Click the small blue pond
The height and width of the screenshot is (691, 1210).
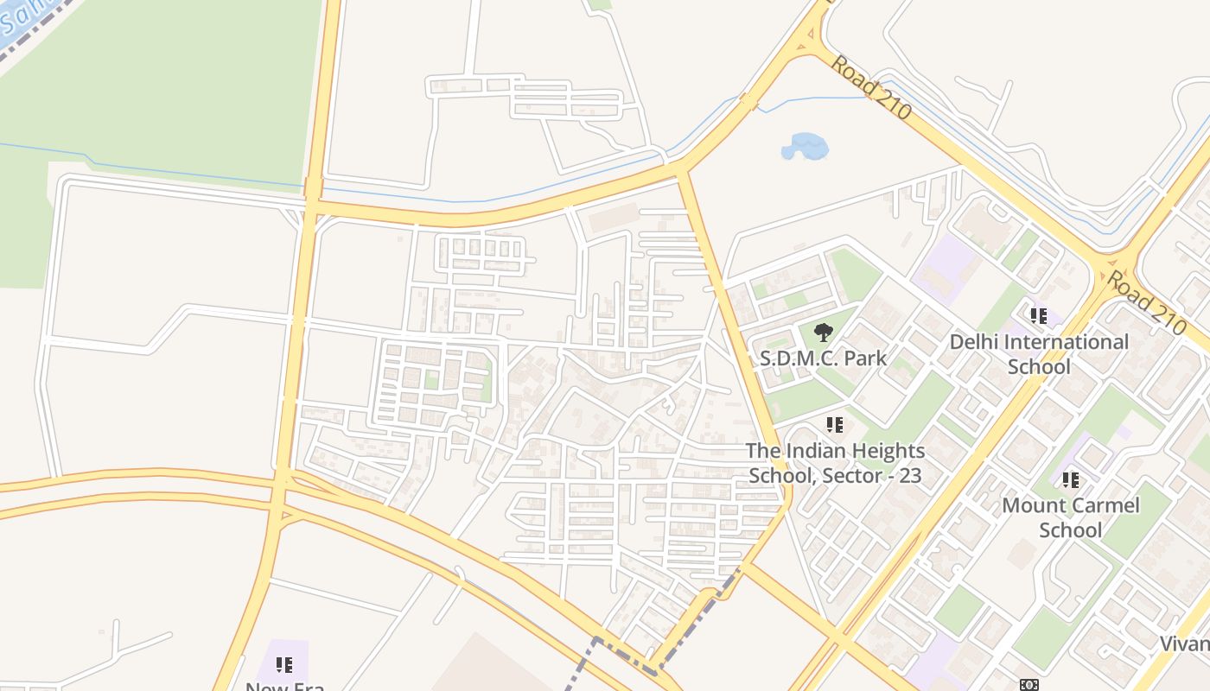[805, 146]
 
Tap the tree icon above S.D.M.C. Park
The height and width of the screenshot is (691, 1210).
[824, 332]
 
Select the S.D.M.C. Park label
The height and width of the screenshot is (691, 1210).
[824, 358]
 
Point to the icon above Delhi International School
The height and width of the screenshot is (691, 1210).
[1038, 316]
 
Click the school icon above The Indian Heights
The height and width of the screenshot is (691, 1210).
[834, 425]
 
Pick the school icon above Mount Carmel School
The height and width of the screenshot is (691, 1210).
[1070, 479]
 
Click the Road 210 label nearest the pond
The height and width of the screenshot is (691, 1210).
[871, 87]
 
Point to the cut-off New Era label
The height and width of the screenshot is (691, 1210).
[284, 686]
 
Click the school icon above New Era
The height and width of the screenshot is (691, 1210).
[283, 664]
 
